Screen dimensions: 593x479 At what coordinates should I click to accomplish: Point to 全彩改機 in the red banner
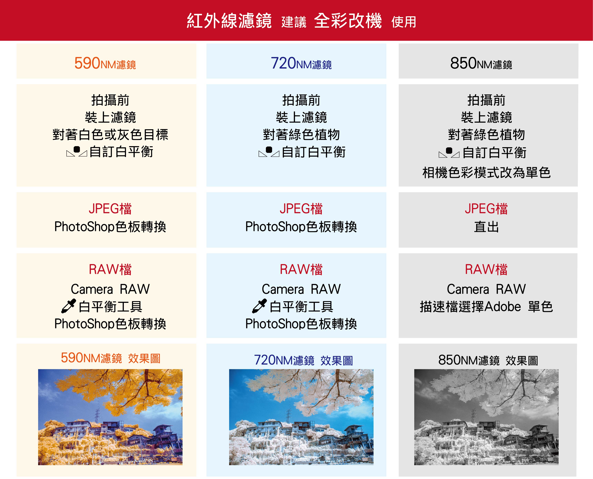[x=348, y=21]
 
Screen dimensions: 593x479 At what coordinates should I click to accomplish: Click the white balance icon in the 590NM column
[x=77, y=151]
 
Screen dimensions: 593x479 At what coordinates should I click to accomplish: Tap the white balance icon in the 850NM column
[x=449, y=152]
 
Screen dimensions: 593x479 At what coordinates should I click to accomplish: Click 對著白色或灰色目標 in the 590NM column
[x=110, y=135]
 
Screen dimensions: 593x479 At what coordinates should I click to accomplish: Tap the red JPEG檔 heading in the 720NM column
[x=301, y=209]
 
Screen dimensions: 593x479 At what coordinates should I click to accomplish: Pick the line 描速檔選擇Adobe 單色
[x=487, y=307]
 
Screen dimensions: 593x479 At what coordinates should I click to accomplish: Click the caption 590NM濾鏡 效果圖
[x=110, y=358]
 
